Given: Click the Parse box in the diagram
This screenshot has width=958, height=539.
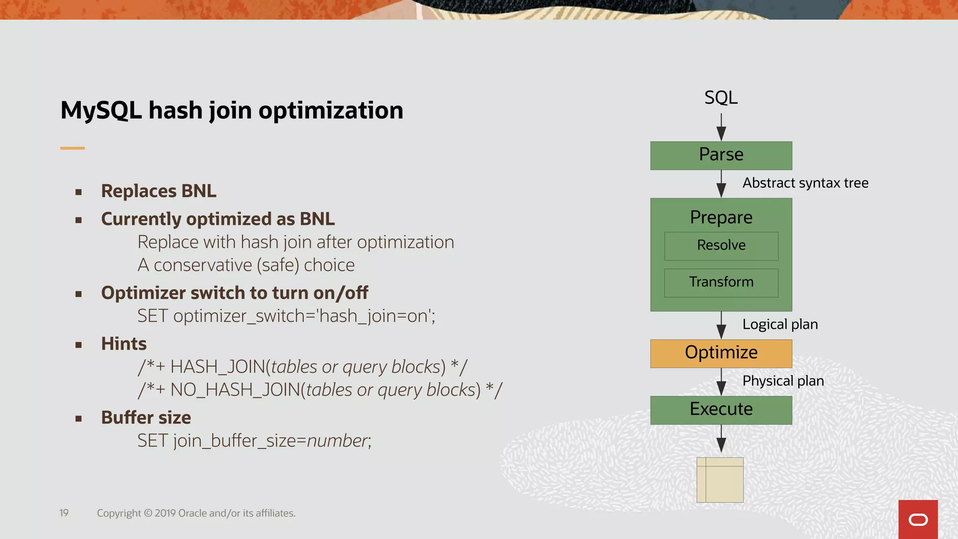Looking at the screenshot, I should click(721, 155).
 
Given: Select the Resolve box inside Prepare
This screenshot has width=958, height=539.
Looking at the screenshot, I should click(721, 246).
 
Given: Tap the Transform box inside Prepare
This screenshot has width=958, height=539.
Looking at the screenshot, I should click(721, 282).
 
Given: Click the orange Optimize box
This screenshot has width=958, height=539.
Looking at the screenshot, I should click(721, 353).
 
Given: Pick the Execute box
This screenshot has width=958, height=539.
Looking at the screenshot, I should click(721, 410).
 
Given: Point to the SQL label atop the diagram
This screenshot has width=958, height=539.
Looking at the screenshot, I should click(721, 98).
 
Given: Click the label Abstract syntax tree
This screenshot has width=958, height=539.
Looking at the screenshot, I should click(805, 183).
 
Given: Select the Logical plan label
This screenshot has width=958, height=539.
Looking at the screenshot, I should click(780, 324).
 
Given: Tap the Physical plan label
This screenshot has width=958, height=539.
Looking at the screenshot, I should click(783, 381).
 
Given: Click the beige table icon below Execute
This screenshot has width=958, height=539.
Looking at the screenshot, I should click(720, 480).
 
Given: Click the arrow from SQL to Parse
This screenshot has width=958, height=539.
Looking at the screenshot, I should click(721, 127).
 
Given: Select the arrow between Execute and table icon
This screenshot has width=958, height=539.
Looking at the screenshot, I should click(721, 439).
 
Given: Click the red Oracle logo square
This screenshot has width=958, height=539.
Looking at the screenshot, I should click(918, 519).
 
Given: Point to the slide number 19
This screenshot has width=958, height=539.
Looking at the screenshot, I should click(64, 513).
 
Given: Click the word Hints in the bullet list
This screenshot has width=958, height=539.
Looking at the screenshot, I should click(124, 344).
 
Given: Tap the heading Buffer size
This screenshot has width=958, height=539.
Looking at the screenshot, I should click(146, 417).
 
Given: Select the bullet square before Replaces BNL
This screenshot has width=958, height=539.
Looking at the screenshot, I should click(79, 192).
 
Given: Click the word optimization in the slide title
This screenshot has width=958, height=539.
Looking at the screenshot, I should click(331, 111).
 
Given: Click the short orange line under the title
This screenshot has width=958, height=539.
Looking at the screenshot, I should click(73, 148).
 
